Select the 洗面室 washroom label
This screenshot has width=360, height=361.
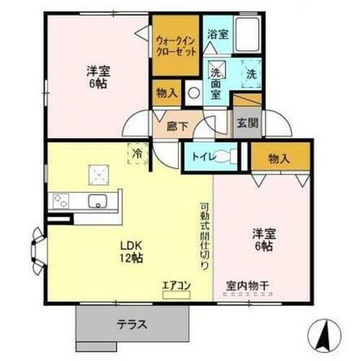(x=216, y=79)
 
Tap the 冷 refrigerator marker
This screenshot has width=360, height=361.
(x=137, y=153)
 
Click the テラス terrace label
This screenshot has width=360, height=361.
(x=132, y=324)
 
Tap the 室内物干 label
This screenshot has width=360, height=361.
(x=247, y=286)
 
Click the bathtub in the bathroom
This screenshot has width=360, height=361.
(x=247, y=35)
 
